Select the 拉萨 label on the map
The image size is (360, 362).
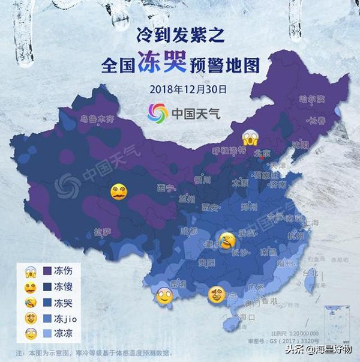103,232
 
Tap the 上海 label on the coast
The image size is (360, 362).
311,222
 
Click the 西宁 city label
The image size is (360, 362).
166,188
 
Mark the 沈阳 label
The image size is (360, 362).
299,145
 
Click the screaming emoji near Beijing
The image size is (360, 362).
250,139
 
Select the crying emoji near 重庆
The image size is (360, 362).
227,240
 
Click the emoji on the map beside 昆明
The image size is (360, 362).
164,296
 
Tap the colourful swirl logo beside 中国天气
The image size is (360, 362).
157,113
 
